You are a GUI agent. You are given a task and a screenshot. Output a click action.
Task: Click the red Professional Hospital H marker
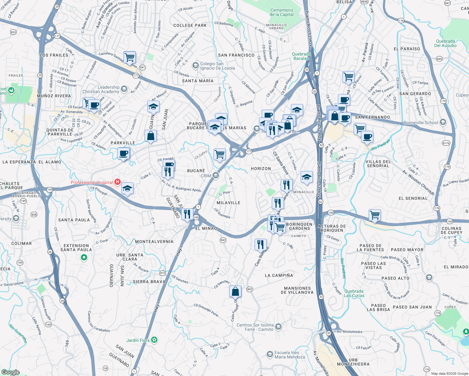[x=118, y=182]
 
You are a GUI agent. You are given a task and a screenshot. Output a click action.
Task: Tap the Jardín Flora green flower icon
[x=154, y=340]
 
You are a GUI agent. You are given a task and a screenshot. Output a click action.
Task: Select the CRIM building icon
[x=215, y=175]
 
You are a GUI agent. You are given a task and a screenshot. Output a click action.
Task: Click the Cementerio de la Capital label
[x=282, y=12]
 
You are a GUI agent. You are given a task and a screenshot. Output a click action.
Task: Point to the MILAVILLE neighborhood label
[x=229, y=203]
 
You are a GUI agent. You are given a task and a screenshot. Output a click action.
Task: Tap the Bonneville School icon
[x=443, y=122]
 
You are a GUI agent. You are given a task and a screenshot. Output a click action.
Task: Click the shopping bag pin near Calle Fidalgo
[x=235, y=292]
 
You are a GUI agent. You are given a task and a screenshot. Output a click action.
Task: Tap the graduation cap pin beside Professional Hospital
[x=127, y=189]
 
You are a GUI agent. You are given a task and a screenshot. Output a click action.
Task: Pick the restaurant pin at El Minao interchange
[x=187, y=214]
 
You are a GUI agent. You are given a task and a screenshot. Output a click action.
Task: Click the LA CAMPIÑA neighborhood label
[x=279, y=275]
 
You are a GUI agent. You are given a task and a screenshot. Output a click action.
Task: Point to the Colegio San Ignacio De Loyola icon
[x=196, y=65]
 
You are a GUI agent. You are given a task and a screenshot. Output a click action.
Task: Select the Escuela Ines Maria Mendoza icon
[x=270, y=354]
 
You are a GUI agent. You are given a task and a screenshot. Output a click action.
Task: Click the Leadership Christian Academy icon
[x=124, y=89]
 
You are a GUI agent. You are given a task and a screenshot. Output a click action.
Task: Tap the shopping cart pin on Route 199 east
[x=375, y=215]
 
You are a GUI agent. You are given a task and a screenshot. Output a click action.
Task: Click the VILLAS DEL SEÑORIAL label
[x=378, y=164]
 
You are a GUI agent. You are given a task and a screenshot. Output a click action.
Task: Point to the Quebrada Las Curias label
[x=354, y=293]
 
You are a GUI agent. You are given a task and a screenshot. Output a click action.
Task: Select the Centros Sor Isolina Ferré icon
[x=278, y=327]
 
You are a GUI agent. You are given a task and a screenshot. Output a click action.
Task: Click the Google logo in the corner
[x=10, y=372]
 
